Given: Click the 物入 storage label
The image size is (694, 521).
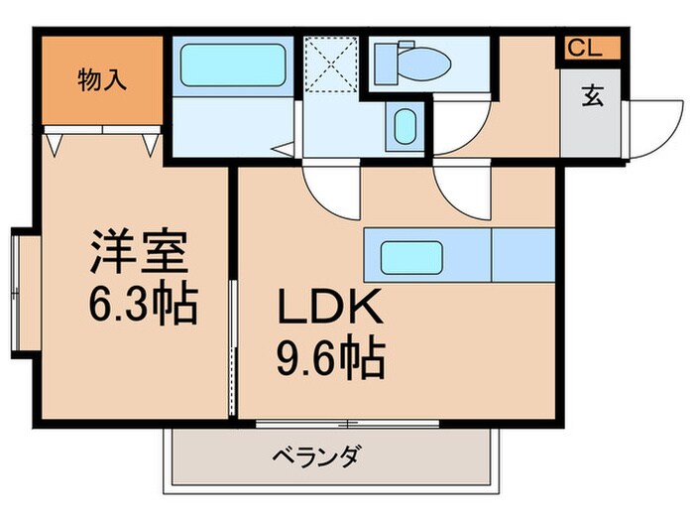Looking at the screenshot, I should coord(102,80).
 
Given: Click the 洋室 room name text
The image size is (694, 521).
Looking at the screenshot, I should coord(138,252).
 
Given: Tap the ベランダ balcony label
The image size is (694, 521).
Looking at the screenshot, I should coord(316,457).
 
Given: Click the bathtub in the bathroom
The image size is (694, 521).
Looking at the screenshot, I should coord(233,66).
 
